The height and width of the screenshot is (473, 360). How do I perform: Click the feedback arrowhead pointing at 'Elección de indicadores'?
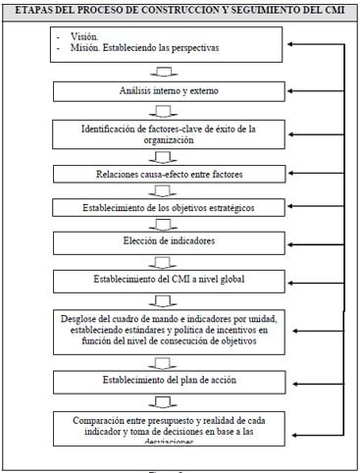[x=294, y=241]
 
